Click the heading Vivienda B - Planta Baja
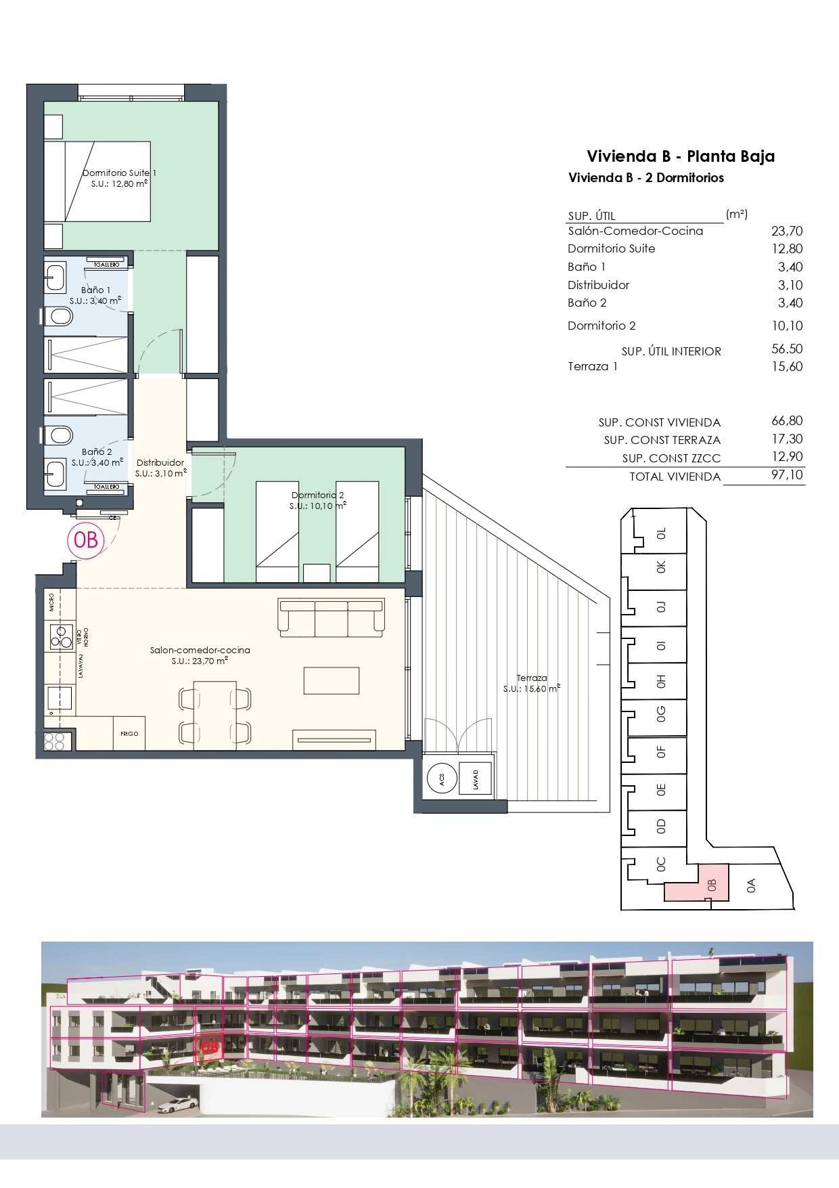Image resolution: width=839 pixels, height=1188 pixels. click(x=681, y=156)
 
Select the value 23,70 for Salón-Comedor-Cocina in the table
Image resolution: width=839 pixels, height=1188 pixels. click(x=787, y=231)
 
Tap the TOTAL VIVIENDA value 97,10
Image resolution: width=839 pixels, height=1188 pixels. click(x=787, y=475)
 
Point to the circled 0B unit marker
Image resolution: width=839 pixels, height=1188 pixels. click(x=86, y=540)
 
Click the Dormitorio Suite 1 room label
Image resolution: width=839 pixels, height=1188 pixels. click(x=119, y=173)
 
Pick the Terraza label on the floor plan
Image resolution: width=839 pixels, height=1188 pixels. click(x=532, y=678)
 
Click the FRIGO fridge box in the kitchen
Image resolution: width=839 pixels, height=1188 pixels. click(x=129, y=733)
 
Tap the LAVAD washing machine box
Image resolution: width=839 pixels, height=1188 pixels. click(x=476, y=778)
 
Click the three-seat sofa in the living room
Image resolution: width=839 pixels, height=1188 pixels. click(x=332, y=617)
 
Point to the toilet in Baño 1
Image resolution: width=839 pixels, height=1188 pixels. click(x=60, y=315)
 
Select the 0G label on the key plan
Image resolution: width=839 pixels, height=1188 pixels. click(x=661, y=713)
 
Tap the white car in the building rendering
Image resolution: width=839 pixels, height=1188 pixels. click(x=177, y=1105)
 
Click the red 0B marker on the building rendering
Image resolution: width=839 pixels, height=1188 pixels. click(x=209, y=1047)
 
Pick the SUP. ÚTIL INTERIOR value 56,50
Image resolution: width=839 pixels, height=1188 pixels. click(x=787, y=349)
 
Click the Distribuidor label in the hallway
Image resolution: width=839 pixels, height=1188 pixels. click(x=160, y=463)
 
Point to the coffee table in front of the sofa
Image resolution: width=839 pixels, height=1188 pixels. click(x=331, y=680)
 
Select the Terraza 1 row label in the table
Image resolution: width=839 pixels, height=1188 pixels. click(x=593, y=366)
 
